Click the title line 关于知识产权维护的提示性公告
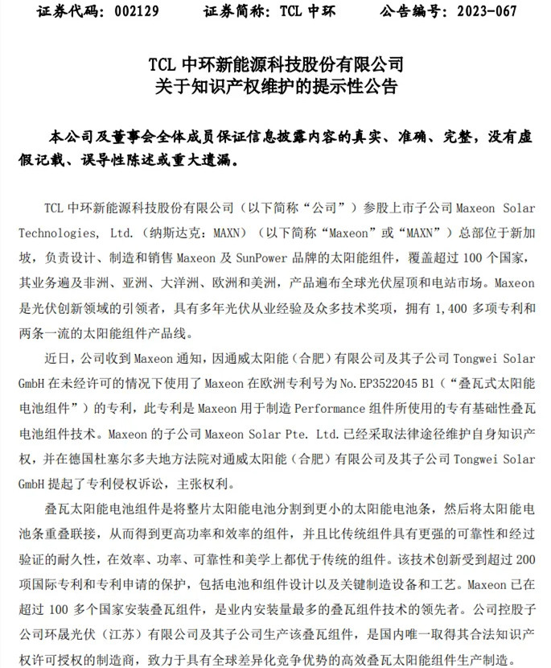[275, 86]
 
